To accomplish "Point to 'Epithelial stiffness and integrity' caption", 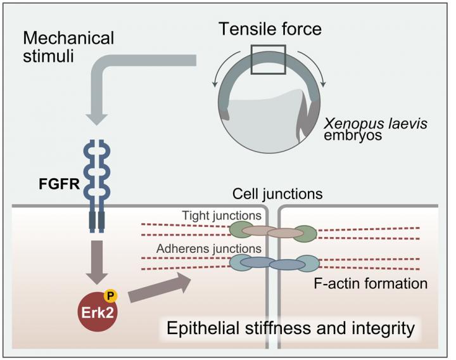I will pos(289,329).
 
